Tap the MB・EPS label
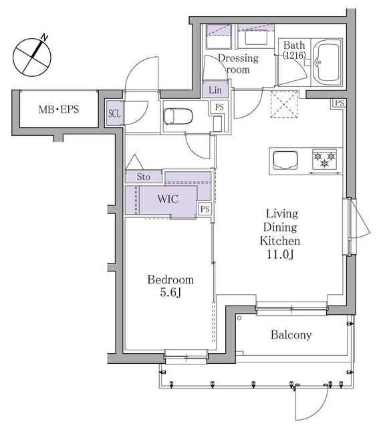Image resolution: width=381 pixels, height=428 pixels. point(57,108)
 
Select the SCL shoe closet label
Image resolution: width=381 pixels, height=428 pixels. point(114,113)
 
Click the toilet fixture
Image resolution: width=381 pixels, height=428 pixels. point(178,116)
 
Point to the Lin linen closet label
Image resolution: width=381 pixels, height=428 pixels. point(215,90)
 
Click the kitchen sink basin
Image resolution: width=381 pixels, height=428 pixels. point(286,160)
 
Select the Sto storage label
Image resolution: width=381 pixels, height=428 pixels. point(144,177)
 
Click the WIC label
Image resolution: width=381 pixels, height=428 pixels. point(167,199)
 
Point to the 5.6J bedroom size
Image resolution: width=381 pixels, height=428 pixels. point(170,292)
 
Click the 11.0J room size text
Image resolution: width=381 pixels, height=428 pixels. point(282,254)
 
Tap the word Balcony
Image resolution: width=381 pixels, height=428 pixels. point(291,335)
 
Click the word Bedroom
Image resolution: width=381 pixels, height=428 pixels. point(170,280)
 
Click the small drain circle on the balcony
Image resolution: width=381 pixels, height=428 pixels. point(239,318)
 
